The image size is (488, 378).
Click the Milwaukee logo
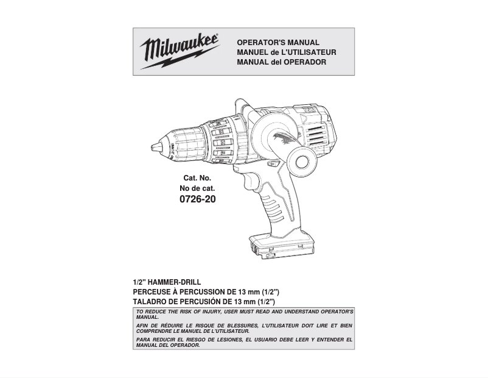pos(180,48)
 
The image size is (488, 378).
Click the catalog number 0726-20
pos(197,199)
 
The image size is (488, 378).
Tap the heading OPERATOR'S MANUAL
pos(277,43)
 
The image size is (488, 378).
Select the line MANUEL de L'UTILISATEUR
pos(286,52)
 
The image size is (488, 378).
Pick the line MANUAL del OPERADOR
pos(281,62)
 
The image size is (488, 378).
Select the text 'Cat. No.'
pos(197,178)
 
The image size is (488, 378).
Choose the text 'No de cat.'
pos(197,188)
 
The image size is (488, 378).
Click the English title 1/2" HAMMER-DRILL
pos(167,283)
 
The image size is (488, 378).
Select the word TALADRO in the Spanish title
pos(149,302)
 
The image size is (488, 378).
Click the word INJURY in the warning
pos(208,312)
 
